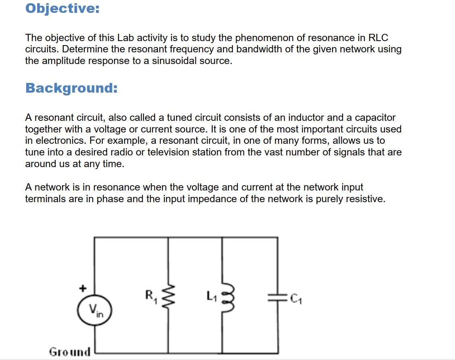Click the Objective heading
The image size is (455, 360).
click(62, 8)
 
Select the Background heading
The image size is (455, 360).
click(71, 88)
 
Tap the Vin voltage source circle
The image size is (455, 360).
click(95, 310)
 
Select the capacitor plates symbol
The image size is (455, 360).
click(278, 298)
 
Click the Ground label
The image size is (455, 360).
click(70, 352)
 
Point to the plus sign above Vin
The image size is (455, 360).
click(83, 288)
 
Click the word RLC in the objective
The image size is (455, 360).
click(378, 38)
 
